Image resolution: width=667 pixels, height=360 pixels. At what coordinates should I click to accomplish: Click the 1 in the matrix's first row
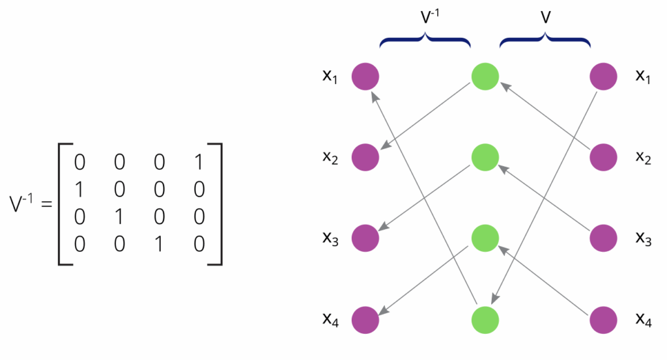(x=200, y=161)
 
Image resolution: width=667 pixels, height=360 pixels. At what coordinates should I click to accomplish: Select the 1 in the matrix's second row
(x=79, y=189)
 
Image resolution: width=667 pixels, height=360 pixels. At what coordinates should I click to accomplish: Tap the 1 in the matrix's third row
(x=119, y=216)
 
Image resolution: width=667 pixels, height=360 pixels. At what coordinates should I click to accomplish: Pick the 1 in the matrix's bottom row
(x=160, y=243)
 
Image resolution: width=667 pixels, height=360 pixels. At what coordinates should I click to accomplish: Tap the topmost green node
(x=485, y=76)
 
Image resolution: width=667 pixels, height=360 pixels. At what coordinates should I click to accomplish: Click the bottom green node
(x=485, y=320)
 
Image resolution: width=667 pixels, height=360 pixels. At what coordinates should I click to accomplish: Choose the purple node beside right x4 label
(x=604, y=320)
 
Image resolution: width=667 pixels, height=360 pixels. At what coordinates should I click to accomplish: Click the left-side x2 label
(x=330, y=158)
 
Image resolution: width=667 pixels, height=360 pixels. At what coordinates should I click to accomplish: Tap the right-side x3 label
(x=644, y=239)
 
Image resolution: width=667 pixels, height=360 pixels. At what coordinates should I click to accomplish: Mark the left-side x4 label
(x=330, y=320)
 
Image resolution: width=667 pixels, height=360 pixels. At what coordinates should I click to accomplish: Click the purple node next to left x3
(x=365, y=238)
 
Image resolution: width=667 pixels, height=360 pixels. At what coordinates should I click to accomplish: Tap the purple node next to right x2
(x=604, y=158)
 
